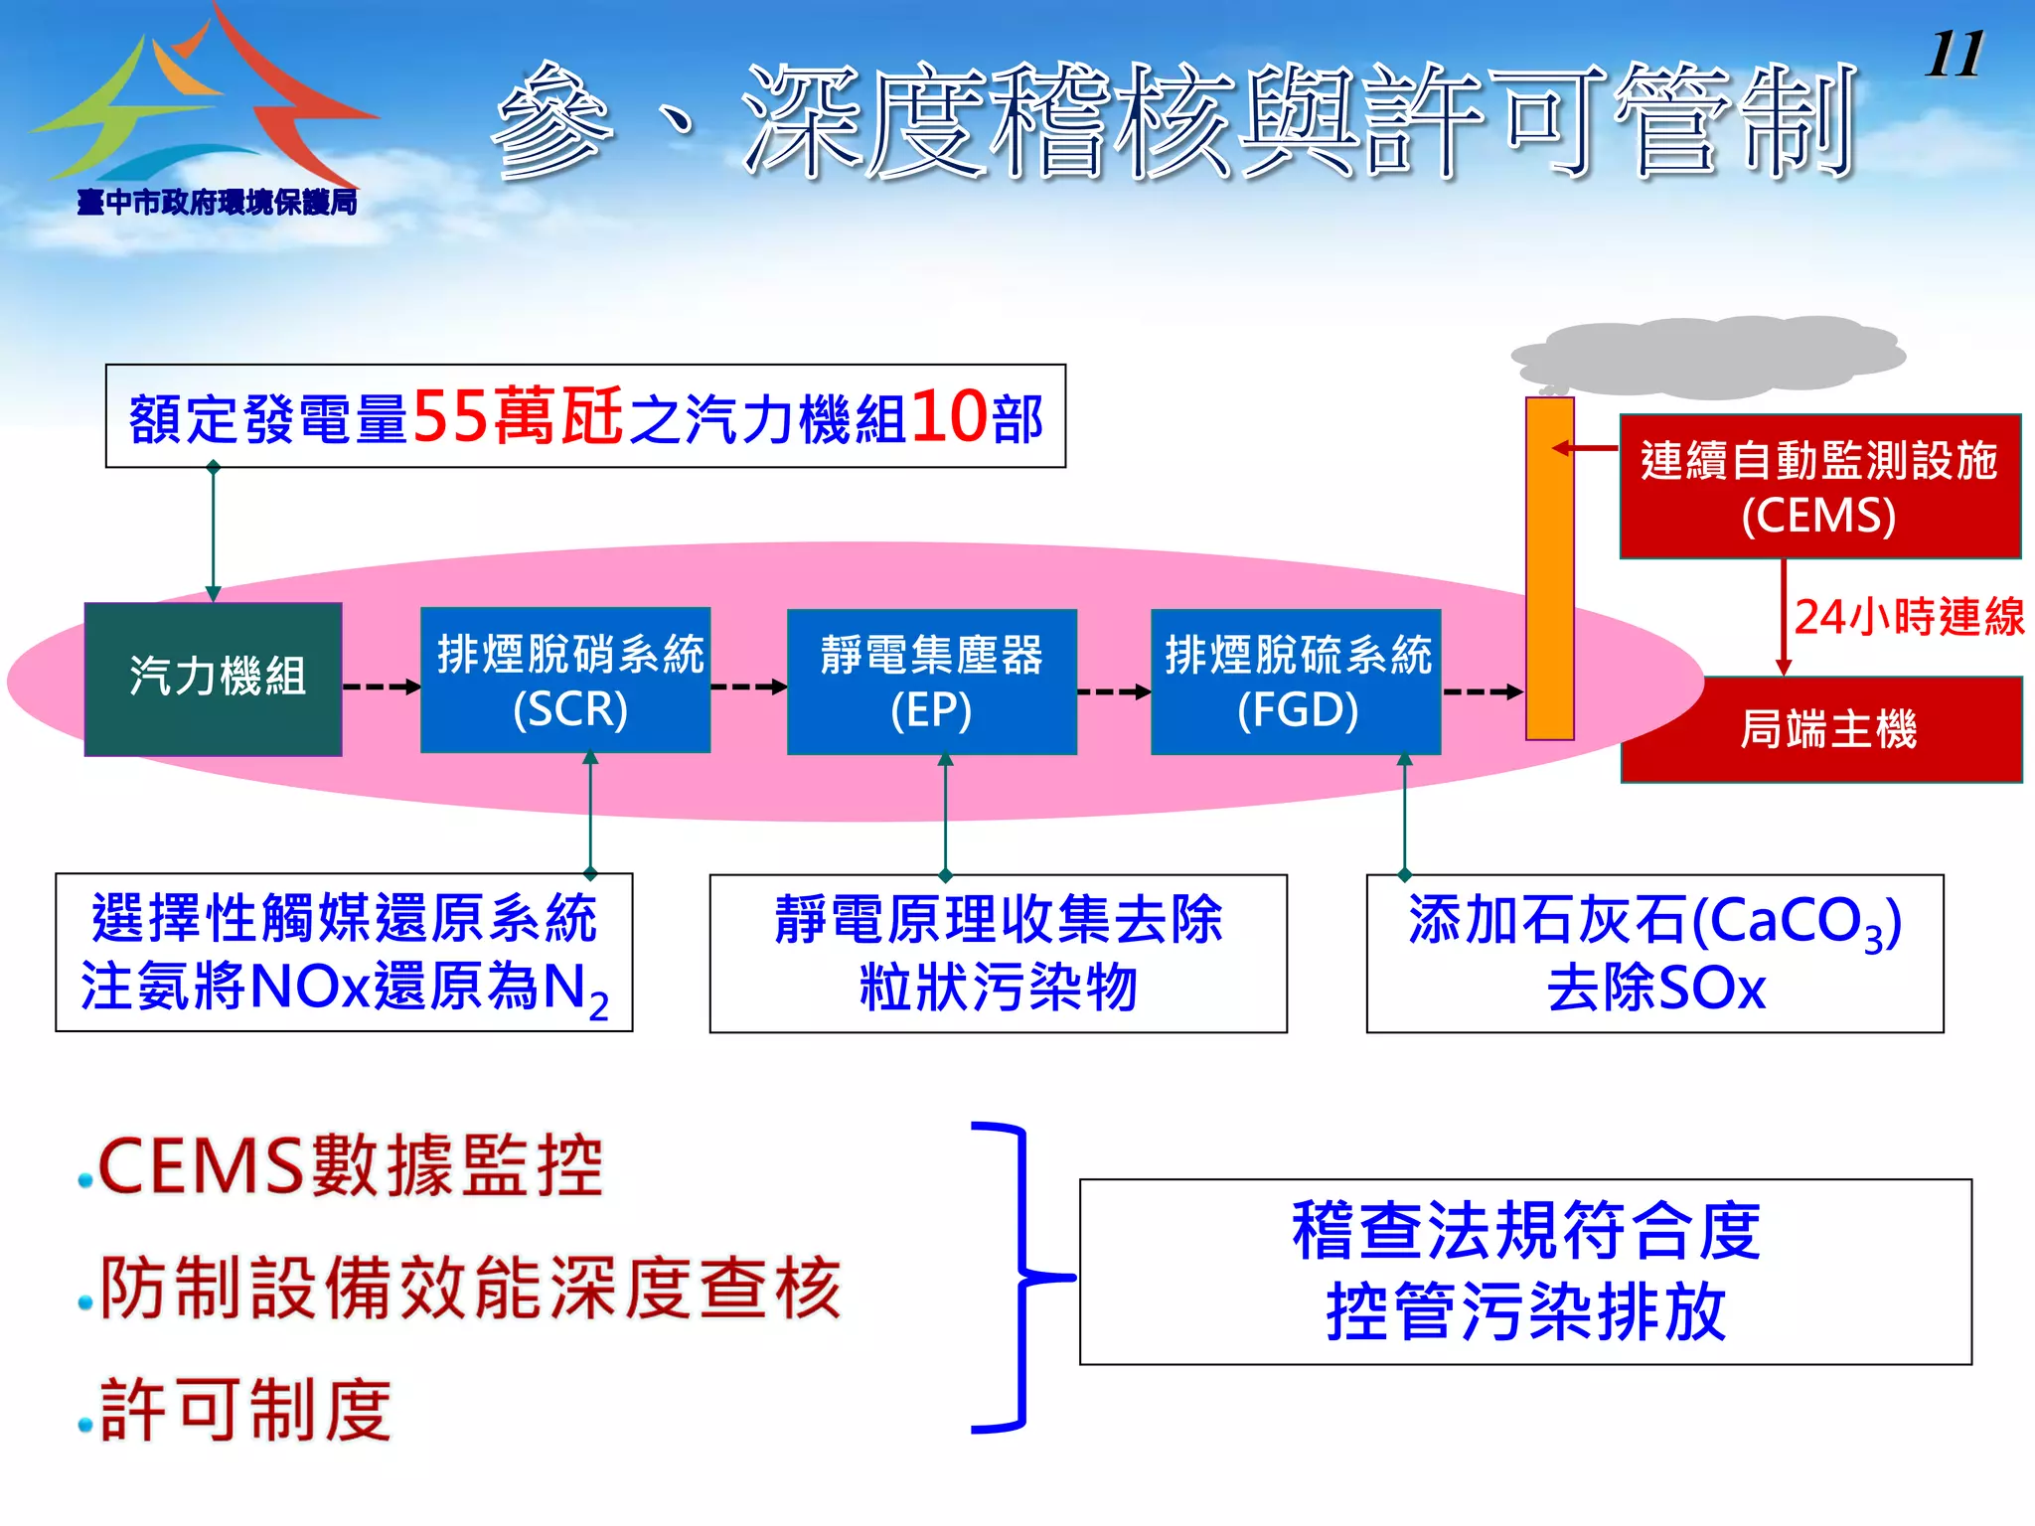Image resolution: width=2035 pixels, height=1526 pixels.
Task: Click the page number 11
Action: pos(1955,54)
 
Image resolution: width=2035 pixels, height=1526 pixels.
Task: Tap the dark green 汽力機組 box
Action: pos(214,679)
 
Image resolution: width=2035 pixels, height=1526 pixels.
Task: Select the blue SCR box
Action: pos(565,681)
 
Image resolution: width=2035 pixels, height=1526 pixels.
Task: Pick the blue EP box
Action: pos(931,682)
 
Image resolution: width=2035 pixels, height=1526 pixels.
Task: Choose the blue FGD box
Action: pos(1296,682)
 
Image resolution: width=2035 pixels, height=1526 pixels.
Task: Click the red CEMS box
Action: pos(1819,486)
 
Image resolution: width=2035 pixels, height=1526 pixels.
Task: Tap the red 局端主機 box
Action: pos(1821,729)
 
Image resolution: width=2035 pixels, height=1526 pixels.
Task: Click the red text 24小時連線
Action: pos(1908,617)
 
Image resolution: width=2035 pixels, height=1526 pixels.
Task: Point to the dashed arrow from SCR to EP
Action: pos(748,687)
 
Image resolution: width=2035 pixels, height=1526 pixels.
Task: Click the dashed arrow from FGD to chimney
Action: pos(1482,691)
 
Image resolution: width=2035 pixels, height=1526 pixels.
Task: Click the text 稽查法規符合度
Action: pos(1525,1231)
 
